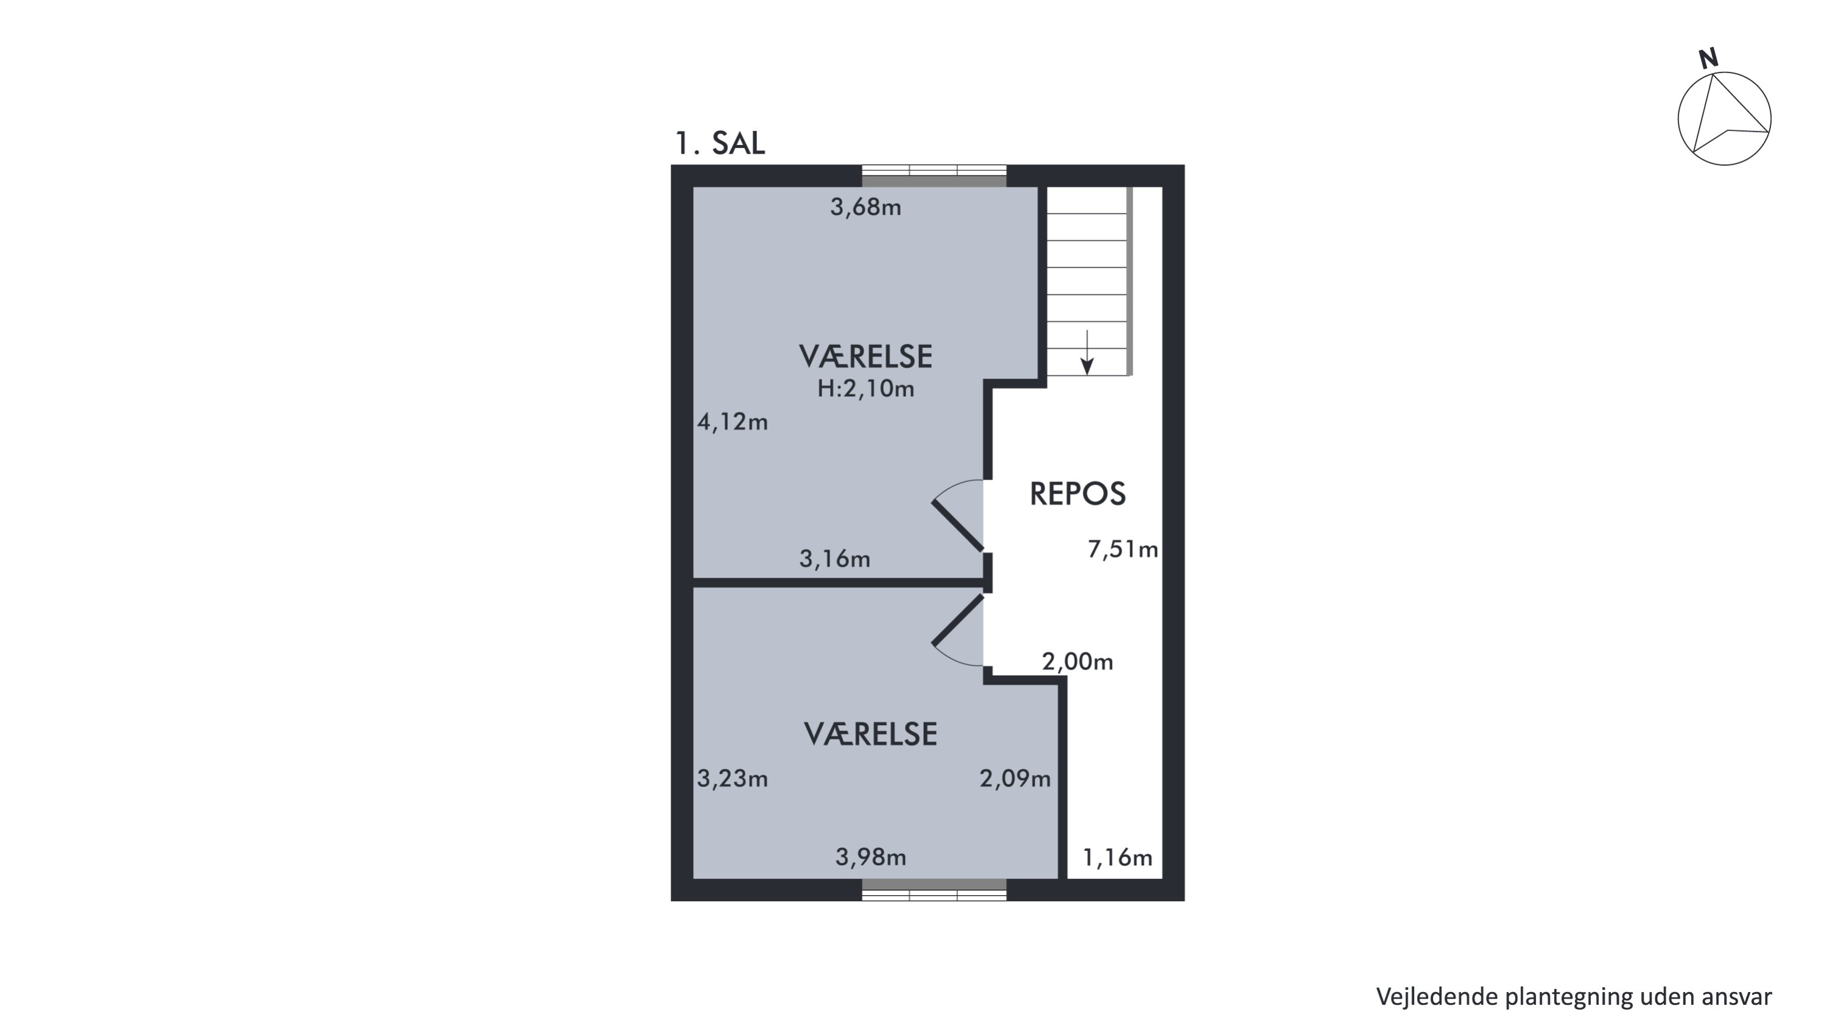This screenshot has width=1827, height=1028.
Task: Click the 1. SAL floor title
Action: tap(719, 143)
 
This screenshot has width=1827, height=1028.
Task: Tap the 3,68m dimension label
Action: tap(865, 207)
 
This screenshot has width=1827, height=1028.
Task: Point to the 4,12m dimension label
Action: tap(732, 422)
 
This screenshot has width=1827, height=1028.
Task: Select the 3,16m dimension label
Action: tap(834, 559)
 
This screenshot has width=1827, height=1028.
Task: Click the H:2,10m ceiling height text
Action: tap(865, 388)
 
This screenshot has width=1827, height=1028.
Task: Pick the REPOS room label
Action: tap(1077, 494)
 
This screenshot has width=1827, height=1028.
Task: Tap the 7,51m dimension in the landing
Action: tap(1123, 549)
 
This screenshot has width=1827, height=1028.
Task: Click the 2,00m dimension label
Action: tap(1077, 662)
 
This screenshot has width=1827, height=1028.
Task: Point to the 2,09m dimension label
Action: tap(1015, 779)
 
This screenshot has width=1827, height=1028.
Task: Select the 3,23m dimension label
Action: tap(732, 779)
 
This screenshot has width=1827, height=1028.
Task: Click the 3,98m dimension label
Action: tap(870, 858)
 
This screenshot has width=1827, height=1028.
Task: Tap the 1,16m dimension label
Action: tap(1117, 859)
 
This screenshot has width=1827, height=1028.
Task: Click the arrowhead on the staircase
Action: tap(1086, 366)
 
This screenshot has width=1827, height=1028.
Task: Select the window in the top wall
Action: tap(934, 176)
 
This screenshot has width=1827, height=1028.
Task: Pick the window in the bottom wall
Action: tap(934, 890)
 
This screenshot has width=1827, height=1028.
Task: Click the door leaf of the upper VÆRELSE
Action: tap(958, 526)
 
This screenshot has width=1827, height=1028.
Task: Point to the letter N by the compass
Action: tap(1709, 59)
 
